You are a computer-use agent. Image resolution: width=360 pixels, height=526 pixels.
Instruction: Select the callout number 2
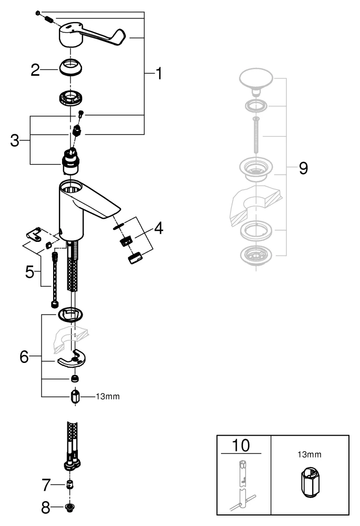[x=35, y=70]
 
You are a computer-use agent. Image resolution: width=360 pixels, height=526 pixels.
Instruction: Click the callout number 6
[x=24, y=356]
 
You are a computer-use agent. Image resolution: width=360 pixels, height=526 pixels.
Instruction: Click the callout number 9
[x=303, y=168]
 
